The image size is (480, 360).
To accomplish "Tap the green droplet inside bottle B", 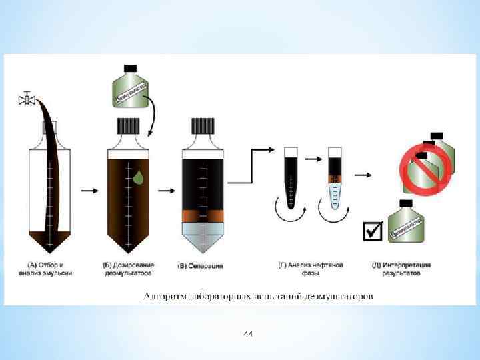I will [x=138, y=177].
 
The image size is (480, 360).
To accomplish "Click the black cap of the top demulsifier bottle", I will [x=131, y=68].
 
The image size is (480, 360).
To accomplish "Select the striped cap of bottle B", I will [x=128, y=126].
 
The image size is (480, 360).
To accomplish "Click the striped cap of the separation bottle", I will [x=203, y=126].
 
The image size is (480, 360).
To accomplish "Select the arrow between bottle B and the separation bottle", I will [x=163, y=191].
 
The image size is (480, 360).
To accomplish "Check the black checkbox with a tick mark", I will [x=372, y=231].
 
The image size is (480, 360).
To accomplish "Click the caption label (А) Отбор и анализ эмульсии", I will [x=51, y=269].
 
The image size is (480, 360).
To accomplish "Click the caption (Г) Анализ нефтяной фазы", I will [x=311, y=269].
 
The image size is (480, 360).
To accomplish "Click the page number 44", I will [x=248, y=333].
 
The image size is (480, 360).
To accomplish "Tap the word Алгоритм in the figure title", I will [x=164, y=295].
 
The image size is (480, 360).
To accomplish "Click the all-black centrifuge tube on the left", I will [x=291, y=177].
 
